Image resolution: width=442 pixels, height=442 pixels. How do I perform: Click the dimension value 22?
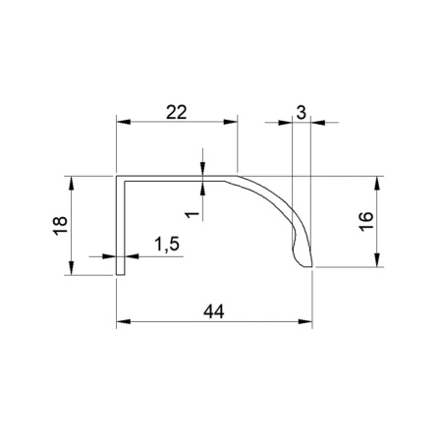click(177, 112)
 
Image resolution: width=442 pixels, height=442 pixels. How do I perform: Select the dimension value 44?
click(214, 311)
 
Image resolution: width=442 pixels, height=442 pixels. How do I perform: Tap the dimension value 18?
click(60, 226)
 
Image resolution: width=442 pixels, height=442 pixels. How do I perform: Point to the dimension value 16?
click(366, 221)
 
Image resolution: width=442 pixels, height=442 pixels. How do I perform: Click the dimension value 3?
click(301, 113)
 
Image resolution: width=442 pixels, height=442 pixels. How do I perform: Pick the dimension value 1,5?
click(167, 245)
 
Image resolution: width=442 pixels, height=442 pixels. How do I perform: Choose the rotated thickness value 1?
click(193, 214)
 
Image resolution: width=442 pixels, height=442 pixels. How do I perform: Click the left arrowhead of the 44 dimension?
click(124, 321)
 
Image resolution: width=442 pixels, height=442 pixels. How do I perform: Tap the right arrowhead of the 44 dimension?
click(305, 321)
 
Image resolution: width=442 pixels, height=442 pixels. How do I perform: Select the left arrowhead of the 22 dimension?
click(124, 122)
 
